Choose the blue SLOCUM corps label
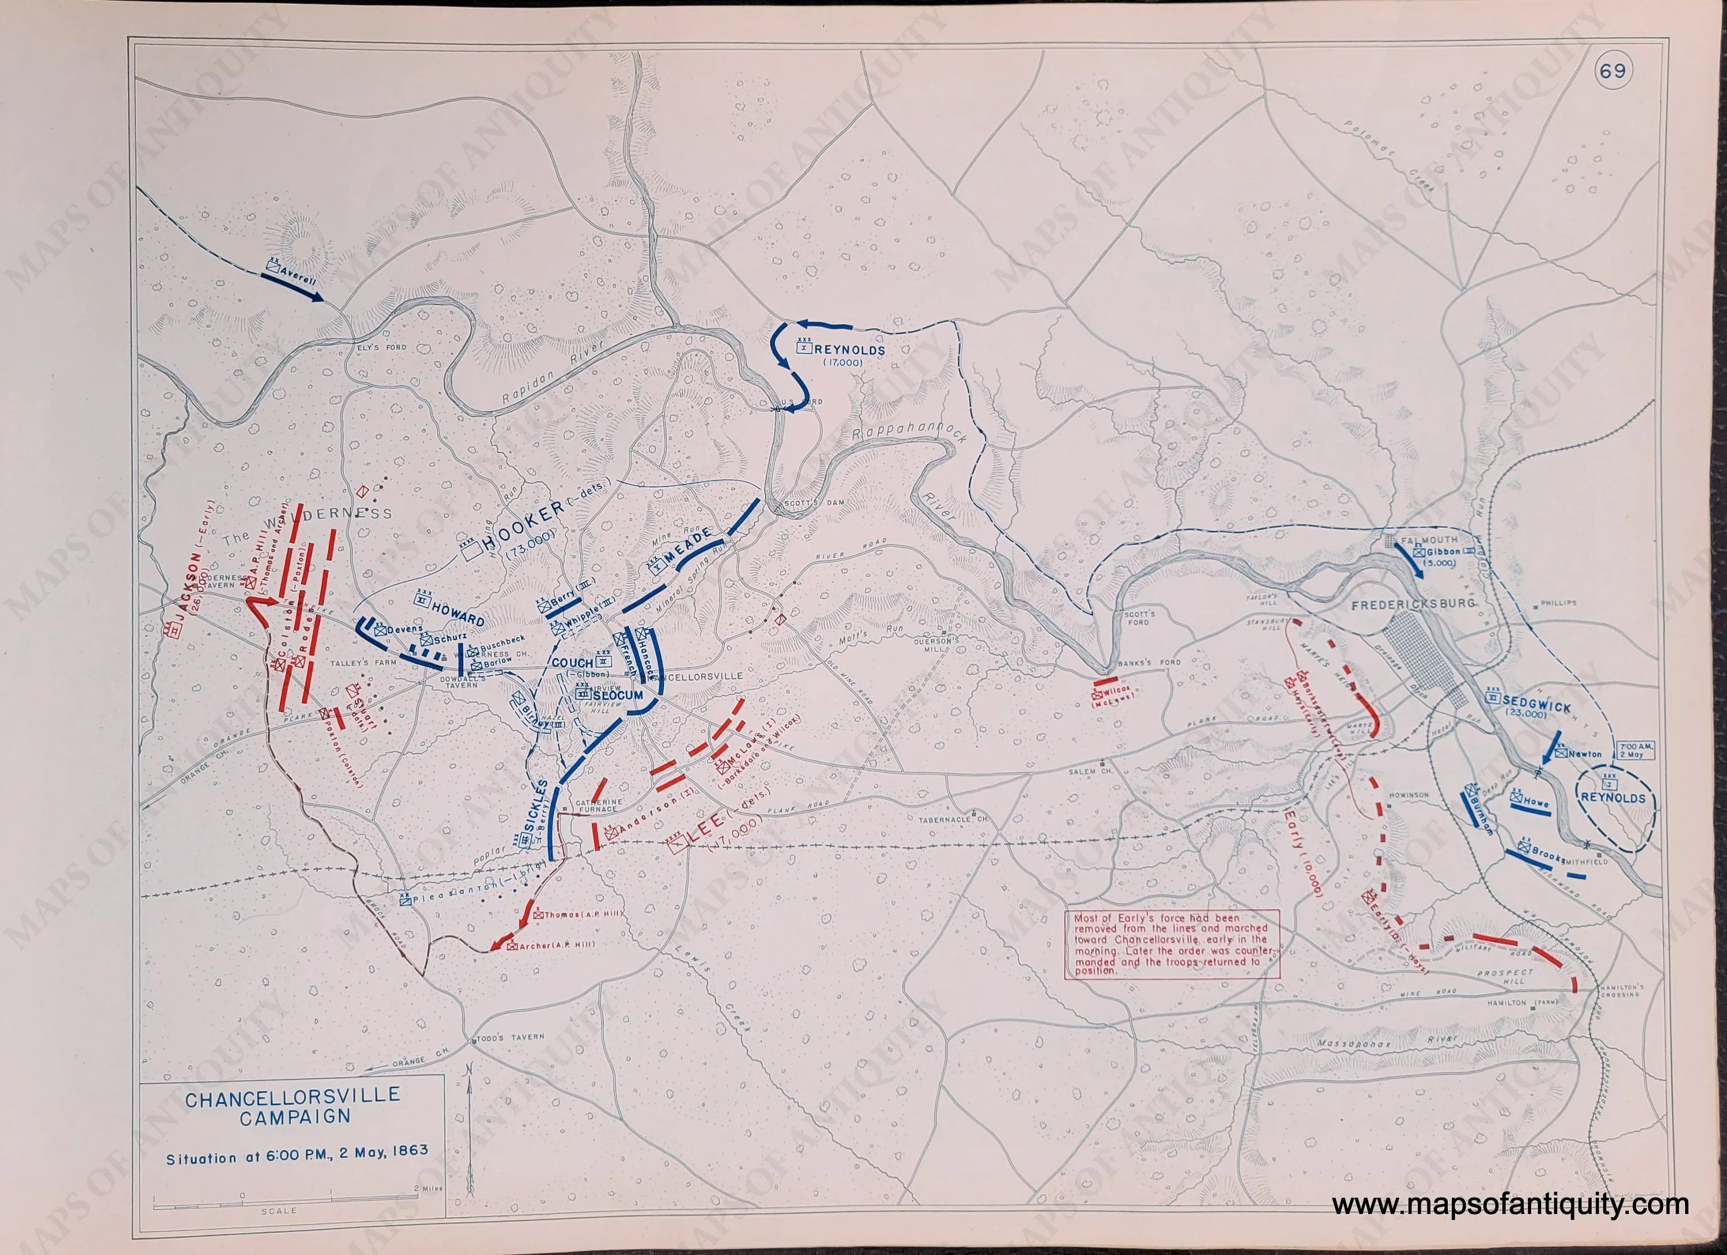point(618,695)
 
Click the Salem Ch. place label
point(1104,771)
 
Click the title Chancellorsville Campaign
point(292,1106)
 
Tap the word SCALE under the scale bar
point(279,1211)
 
